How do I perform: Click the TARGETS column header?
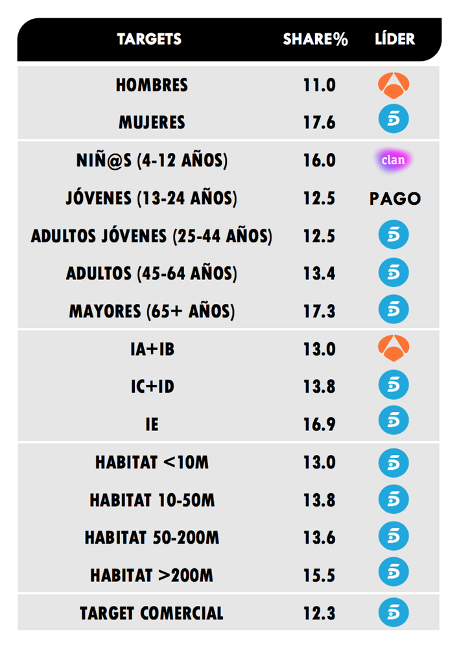point(149,39)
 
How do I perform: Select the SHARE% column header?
point(315,39)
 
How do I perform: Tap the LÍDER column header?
point(394,39)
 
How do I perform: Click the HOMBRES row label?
point(152,85)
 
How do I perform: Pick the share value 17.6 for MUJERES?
point(319,122)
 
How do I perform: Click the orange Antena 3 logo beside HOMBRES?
point(394,84)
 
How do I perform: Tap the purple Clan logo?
point(394,160)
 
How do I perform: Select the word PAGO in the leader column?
point(394,198)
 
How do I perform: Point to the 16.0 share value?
point(319,161)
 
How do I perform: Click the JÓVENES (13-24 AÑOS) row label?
point(152,198)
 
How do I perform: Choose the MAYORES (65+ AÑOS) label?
point(152,312)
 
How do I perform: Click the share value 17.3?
point(319,312)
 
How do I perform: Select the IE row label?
point(152,424)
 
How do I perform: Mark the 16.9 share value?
point(319,424)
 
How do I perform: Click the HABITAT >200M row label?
point(152,575)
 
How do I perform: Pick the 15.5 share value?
point(319,575)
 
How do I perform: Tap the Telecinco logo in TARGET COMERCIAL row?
point(394,613)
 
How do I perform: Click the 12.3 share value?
point(319,613)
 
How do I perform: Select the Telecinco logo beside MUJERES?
point(394,122)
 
